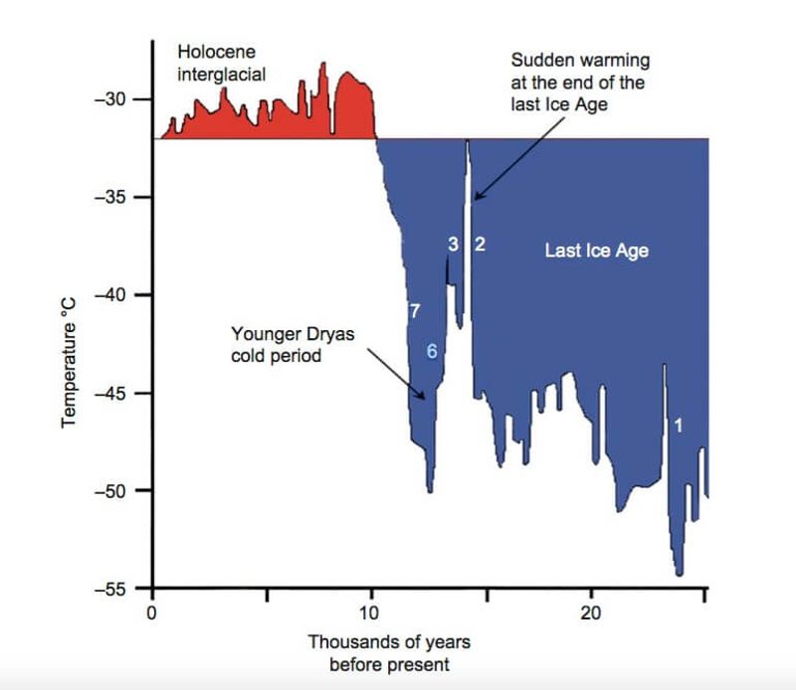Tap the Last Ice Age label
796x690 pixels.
coord(596,251)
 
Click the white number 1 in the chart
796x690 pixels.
coord(678,425)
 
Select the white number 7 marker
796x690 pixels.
coord(414,311)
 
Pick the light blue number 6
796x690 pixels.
coord(432,350)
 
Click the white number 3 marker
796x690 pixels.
coord(453,245)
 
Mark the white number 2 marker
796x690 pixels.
coord(479,245)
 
